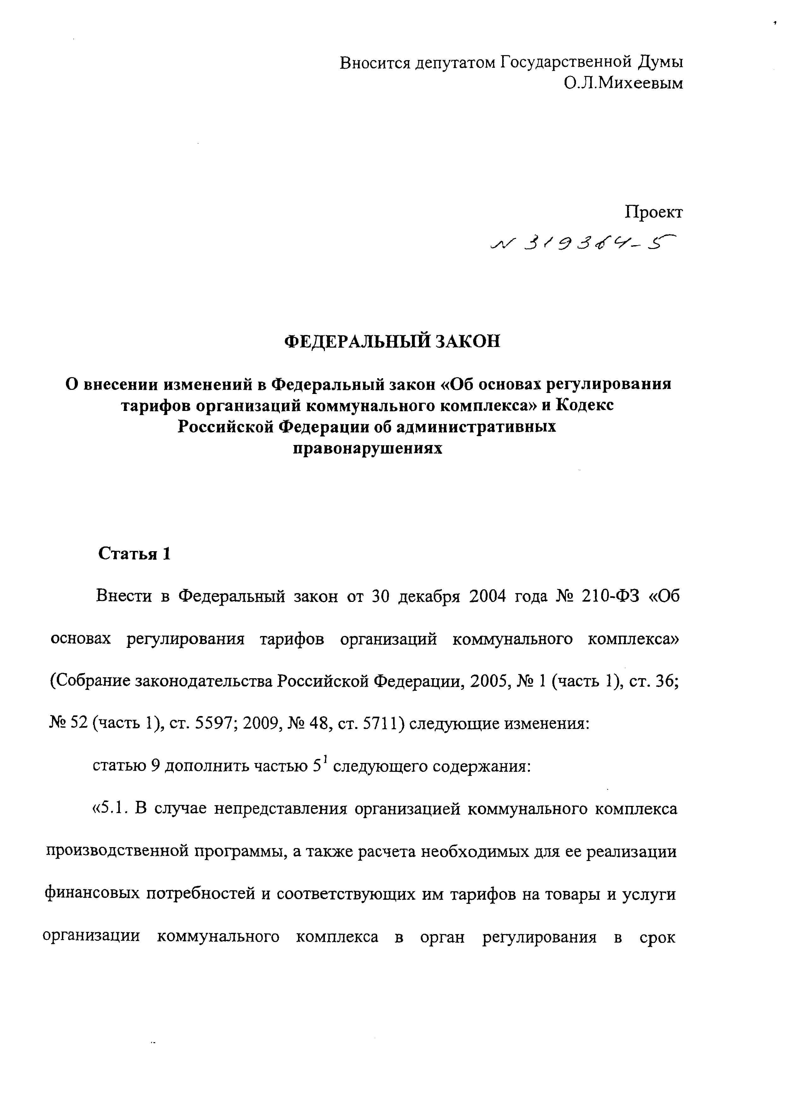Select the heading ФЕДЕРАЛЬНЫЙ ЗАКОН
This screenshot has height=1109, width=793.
[x=392, y=341]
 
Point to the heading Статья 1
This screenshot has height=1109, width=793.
[x=135, y=553]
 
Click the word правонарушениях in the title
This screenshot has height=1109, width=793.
[x=368, y=448]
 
